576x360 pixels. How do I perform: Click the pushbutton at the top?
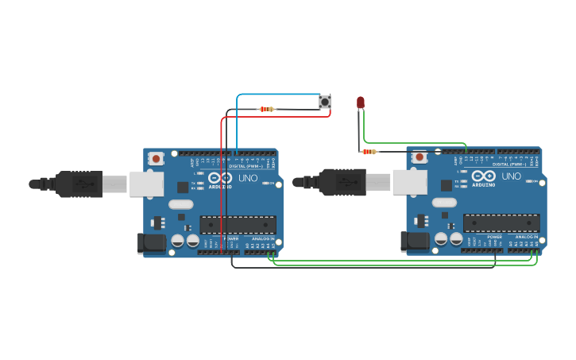325,101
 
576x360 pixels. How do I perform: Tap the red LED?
361,103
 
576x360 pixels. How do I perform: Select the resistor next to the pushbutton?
266,109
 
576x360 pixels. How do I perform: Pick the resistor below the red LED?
369,151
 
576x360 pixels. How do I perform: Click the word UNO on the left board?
248,178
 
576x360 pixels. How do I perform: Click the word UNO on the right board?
512,176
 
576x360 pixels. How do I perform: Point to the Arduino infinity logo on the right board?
484,176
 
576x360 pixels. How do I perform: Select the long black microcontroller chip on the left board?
238,224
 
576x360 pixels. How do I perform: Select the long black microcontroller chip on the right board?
501,223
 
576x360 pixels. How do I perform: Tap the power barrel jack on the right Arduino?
415,242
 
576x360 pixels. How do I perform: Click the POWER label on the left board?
231,238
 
